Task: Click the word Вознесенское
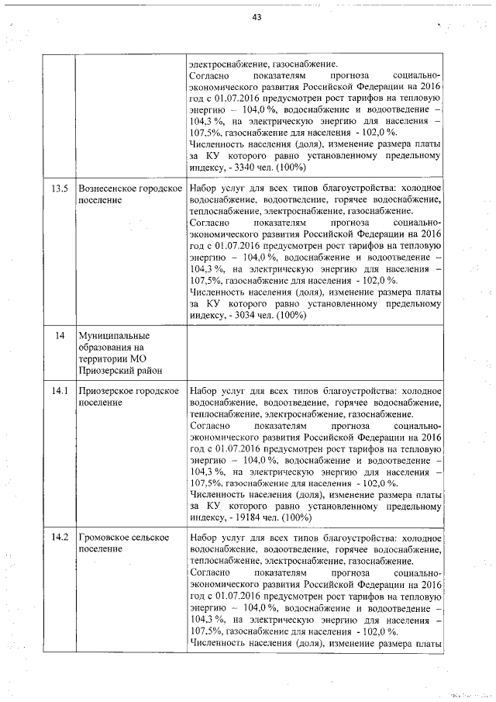pos(108,188)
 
